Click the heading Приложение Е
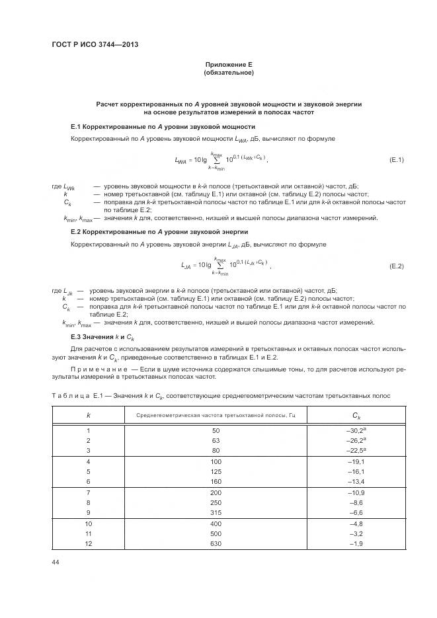coord(229,64)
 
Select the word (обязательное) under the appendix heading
coord(229,72)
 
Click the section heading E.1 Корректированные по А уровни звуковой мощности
coord(163,126)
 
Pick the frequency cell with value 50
coord(215,430)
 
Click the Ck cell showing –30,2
coord(355,430)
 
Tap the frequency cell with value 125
coord(215,472)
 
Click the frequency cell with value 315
coord(215,513)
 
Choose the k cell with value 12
coord(88,544)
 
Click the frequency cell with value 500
coord(215,533)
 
